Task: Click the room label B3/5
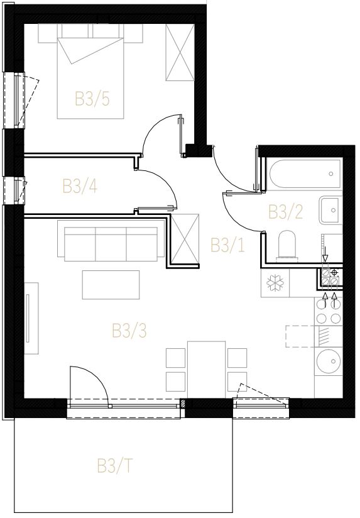pyautogui.click(x=92, y=99)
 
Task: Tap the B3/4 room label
pyautogui.click(x=80, y=186)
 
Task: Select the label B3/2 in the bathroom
pyautogui.click(x=285, y=212)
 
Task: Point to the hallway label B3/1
pyautogui.click(x=228, y=245)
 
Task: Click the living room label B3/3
pyautogui.click(x=129, y=331)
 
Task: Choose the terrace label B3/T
pyautogui.click(x=114, y=465)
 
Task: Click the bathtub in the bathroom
pyautogui.click(x=305, y=174)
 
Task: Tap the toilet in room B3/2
pyautogui.click(x=287, y=245)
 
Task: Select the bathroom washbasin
pyautogui.click(x=330, y=210)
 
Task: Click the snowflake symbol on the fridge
pyautogui.click(x=275, y=283)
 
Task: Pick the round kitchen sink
pyautogui.click(x=329, y=361)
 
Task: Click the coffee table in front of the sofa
pyautogui.click(x=111, y=285)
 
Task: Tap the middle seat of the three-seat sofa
pyautogui.click(x=111, y=244)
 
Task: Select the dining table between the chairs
pyautogui.click(x=207, y=370)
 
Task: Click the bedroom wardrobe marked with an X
pyautogui.click(x=180, y=52)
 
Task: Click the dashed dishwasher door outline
pyautogui.click(x=300, y=336)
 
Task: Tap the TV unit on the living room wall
pyautogui.click(x=31, y=318)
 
